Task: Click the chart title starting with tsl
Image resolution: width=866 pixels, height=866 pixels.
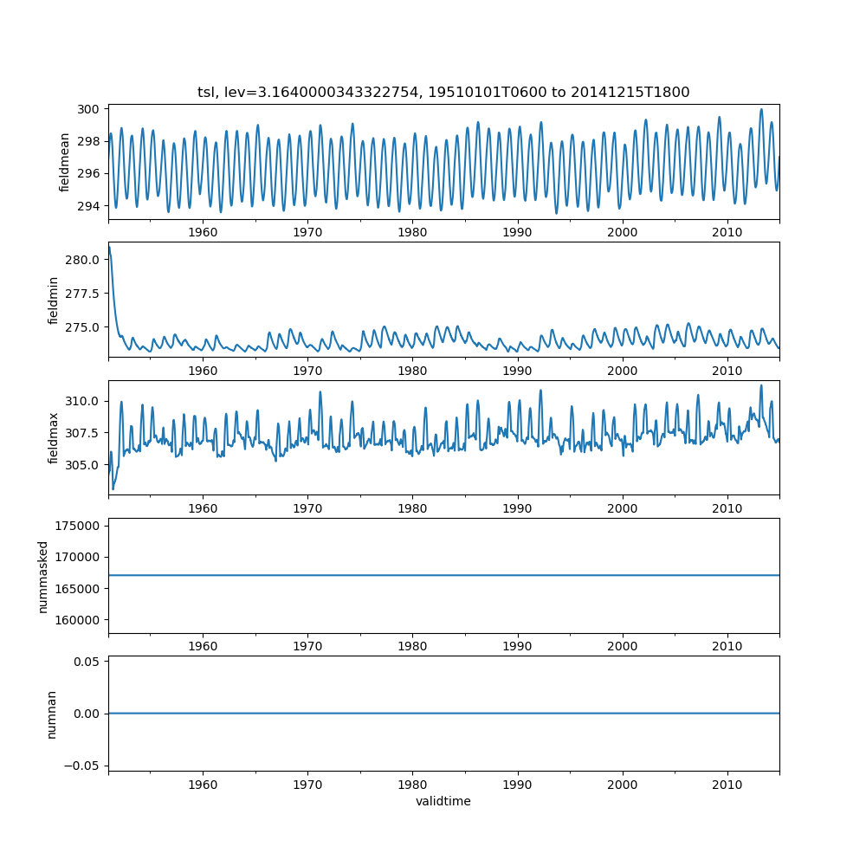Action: click(x=443, y=93)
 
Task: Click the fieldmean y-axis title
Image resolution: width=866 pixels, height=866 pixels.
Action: click(x=65, y=162)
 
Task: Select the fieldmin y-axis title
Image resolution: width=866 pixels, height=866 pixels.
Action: click(x=53, y=300)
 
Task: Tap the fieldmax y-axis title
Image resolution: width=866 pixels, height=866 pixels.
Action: click(x=53, y=437)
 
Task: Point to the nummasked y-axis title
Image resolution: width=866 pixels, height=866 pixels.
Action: click(x=42, y=576)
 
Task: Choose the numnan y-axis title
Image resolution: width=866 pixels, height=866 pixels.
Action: click(x=51, y=714)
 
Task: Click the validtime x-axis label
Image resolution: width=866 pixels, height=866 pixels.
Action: click(x=443, y=801)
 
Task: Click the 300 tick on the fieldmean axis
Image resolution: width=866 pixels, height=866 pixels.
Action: click(x=90, y=109)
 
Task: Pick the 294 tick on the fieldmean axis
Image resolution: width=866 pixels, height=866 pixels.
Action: click(x=90, y=206)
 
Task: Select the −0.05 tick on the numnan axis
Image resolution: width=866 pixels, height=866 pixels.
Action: click(x=87, y=766)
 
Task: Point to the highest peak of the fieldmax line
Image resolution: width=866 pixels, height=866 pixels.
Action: click(x=761, y=385)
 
